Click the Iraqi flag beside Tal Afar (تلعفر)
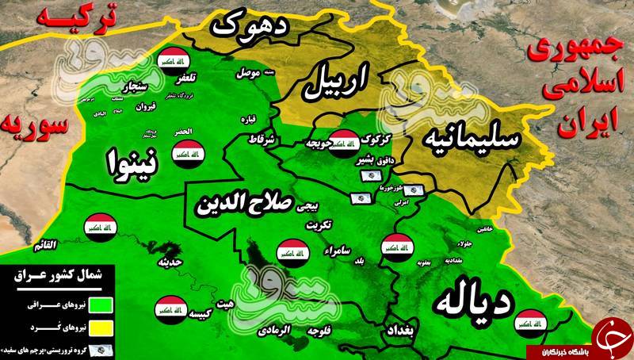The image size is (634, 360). pos(172,61)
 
